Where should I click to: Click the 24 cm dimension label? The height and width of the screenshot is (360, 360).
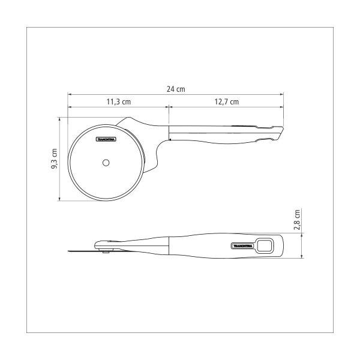176,89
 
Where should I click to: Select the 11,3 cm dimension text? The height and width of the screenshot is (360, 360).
119,102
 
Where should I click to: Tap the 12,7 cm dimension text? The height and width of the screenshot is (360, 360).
227,102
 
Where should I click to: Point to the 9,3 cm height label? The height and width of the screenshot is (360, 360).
55,158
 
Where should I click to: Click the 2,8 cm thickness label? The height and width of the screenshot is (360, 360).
297,220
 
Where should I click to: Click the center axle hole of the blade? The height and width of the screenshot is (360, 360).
106,163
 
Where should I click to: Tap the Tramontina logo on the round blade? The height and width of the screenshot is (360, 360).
106,139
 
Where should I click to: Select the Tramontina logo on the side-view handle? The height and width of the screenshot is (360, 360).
242,246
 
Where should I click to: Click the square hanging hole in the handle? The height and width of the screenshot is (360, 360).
265,245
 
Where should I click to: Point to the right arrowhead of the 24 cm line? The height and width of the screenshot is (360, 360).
282,94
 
